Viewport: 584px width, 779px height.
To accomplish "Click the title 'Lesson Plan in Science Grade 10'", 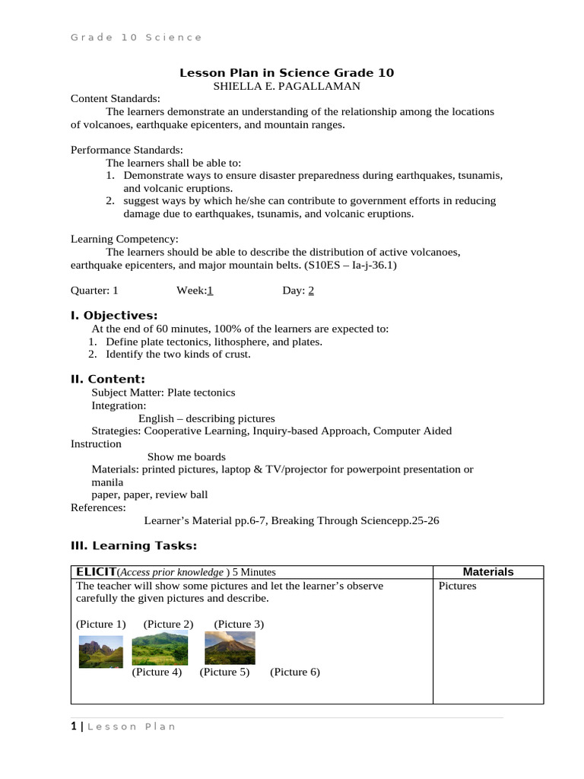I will pos(287,73).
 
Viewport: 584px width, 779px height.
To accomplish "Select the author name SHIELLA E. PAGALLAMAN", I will pos(286,86).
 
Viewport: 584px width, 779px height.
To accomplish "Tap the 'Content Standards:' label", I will pos(116,99).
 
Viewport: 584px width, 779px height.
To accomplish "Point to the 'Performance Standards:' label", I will pos(127,150).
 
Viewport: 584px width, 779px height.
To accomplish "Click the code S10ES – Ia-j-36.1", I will pos(351,265).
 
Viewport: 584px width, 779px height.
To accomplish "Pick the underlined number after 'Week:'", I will pos(210,290).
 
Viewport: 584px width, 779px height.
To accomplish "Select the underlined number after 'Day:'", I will pos(311,290).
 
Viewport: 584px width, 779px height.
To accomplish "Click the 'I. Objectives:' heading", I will pos(114,315).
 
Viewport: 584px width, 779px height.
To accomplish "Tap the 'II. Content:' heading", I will pos(108,379).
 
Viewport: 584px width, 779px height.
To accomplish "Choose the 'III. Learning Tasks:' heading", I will pos(134,545).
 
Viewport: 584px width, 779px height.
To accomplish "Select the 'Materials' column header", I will pos(488,572).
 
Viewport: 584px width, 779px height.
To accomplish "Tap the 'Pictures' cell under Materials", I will pos(458,586).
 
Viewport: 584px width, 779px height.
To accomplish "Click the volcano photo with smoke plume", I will pos(230,648).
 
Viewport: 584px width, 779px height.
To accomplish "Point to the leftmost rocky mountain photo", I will pos(100,652).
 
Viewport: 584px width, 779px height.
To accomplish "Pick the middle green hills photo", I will pos(160,650).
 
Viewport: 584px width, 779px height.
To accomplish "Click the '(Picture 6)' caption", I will pos(295,672).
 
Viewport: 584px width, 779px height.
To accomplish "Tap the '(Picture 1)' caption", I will pos(101,625).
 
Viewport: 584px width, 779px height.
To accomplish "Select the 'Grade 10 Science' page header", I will pos(137,37).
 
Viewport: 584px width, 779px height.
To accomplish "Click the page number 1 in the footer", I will pos(74,727).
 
